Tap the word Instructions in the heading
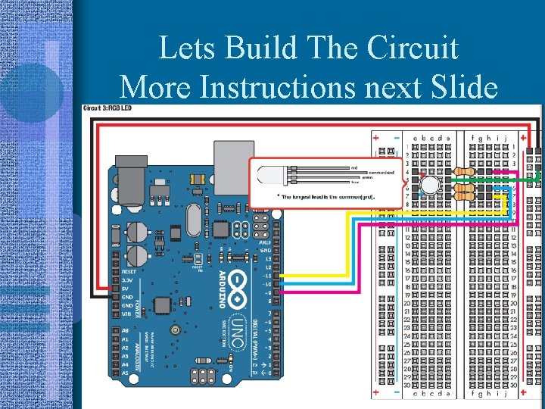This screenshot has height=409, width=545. point(279,87)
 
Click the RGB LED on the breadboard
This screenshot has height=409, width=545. point(430,186)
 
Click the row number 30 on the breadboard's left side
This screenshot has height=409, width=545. point(406,386)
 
